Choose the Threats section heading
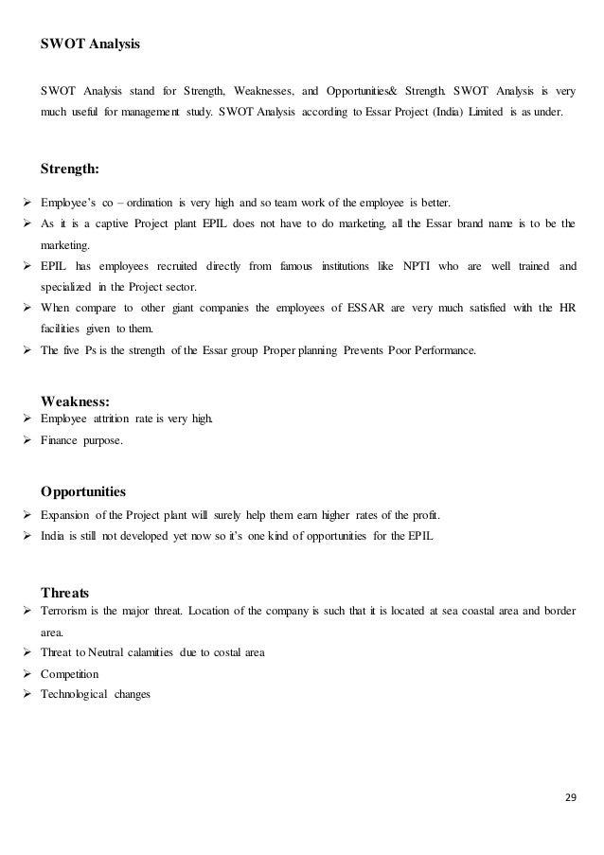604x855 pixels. (x=65, y=593)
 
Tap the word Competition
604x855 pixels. (x=73, y=674)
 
